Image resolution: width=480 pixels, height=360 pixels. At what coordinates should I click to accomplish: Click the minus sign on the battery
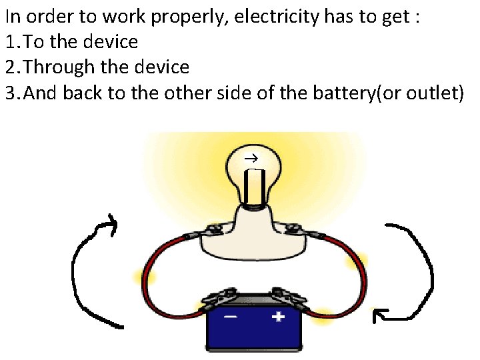(x=229, y=317)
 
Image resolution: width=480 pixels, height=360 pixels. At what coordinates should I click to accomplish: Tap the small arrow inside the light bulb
(x=251, y=159)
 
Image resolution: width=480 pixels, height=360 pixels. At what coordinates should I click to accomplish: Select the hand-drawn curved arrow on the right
(x=407, y=273)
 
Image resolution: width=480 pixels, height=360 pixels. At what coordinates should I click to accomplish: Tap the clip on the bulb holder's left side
(x=212, y=231)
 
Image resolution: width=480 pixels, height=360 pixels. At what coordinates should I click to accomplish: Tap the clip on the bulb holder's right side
(x=295, y=230)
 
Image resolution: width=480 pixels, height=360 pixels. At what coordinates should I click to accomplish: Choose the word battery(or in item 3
(x=347, y=93)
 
